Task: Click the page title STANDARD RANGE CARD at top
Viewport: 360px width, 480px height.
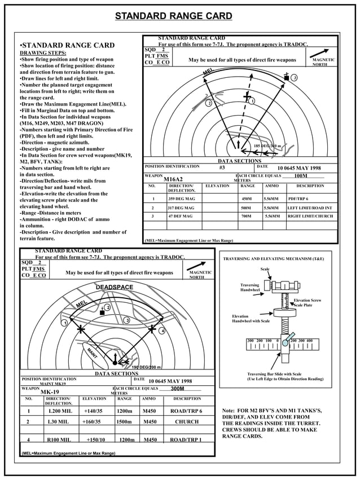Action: click(x=173, y=16)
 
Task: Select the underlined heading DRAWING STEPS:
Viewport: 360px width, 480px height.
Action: click(x=43, y=53)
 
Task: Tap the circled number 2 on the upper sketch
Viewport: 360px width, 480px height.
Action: click(x=208, y=103)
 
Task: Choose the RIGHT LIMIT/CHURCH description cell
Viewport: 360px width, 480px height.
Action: click(x=310, y=216)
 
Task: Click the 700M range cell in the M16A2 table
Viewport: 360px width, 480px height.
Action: click(x=246, y=216)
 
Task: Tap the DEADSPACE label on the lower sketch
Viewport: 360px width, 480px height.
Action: click(x=114, y=288)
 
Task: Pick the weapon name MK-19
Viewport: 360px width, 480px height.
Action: click(x=50, y=392)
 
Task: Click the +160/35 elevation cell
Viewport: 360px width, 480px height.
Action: click(x=93, y=421)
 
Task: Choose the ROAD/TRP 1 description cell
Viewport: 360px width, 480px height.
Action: click(x=186, y=439)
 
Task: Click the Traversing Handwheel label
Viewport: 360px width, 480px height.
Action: click(x=249, y=288)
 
